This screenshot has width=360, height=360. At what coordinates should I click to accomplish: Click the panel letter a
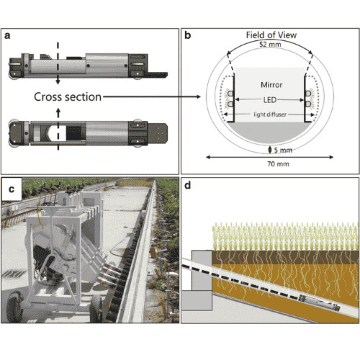click(x=7, y=36)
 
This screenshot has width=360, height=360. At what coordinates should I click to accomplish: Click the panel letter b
click(x=187, y=35)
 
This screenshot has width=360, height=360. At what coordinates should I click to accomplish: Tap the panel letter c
click(x=12, y=189)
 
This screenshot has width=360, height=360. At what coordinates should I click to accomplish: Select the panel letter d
click(x=187, y=185)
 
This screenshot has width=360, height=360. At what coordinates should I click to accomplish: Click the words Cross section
click(x=68, y=97)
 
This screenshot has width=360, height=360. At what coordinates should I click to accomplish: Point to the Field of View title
click(x=271, y=35)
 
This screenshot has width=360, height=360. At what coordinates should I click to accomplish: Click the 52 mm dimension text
click(x=270, y=45)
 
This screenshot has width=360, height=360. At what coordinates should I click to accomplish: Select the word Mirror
click(x=271, y=85)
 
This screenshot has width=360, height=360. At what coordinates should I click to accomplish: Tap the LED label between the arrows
click(x=270, y=100)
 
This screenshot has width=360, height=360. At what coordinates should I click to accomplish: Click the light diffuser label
click(x=270, y=114)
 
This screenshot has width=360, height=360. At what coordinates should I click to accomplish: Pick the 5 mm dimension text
click(x=283, y=150)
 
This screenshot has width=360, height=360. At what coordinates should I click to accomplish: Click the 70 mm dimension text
click(x=278, y=164)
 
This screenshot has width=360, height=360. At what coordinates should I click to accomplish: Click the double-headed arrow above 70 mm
click(x=270, y=157)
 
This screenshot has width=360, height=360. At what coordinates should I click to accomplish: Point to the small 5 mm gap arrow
click(x=270, y=150)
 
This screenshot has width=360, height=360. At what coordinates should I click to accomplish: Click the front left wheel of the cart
click(x=15, y=307)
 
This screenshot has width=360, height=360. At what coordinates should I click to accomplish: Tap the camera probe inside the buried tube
click(x=319, y=303)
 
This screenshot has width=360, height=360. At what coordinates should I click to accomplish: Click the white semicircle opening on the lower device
click(x=53, y=134)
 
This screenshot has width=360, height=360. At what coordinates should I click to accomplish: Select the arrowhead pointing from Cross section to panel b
click(x=198, y=96)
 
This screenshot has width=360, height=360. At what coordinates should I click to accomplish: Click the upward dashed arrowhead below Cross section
click(x=58, y=111)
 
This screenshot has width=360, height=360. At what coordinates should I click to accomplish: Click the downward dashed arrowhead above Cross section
click(x=58, y=81)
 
